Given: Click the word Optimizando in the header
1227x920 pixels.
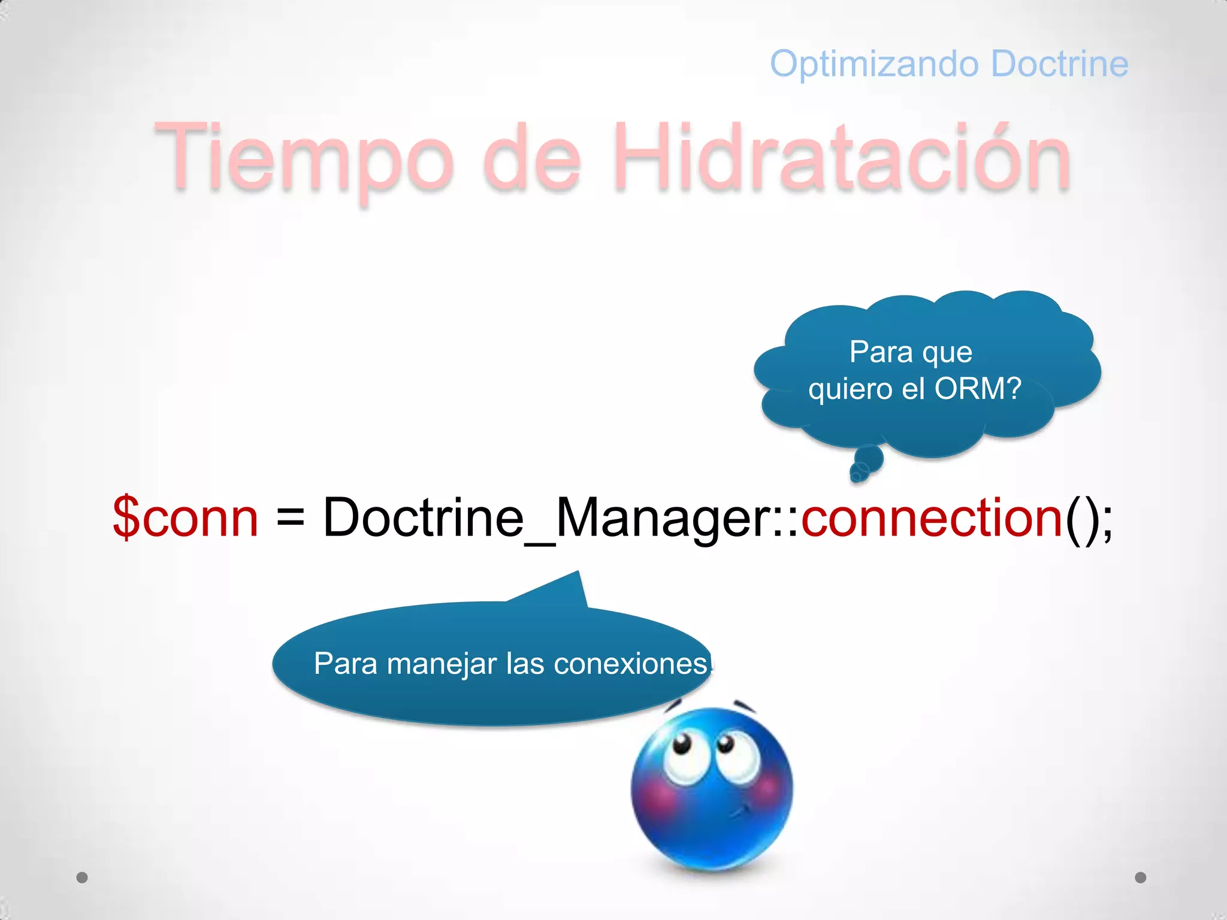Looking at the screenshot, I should coord(875,64).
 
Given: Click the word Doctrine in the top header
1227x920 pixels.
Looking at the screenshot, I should coord(1060,63).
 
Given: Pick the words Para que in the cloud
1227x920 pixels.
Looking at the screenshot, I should coord(911,352).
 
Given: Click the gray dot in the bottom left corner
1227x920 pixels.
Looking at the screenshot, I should coord(82,877).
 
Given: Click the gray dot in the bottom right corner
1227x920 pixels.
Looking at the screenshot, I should coord(1141,877).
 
